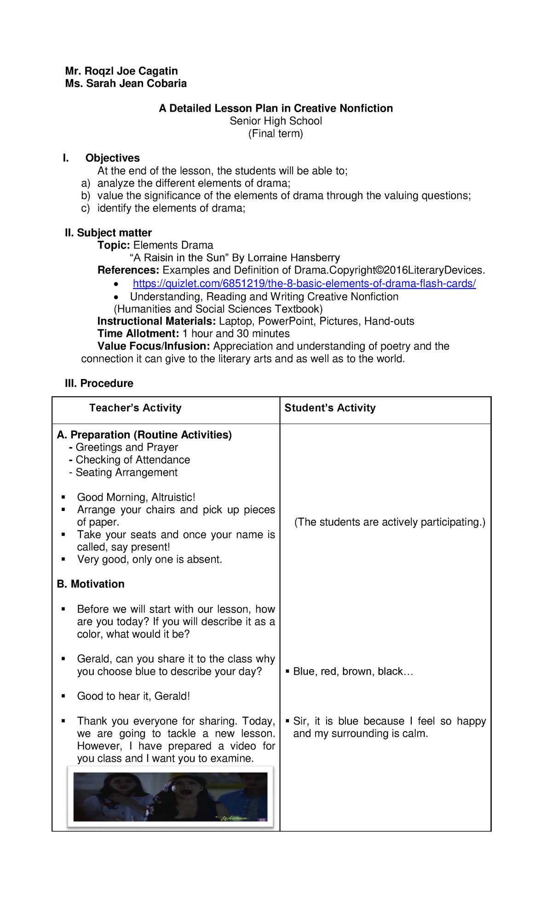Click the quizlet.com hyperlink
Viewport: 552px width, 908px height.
click(304, 284)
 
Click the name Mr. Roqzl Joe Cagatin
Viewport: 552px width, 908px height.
click(121, 71)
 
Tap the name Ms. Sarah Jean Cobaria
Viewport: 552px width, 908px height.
click(126, 83)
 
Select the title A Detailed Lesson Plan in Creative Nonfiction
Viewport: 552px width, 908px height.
click(276, 108)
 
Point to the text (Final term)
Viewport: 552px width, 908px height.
click(276, 133)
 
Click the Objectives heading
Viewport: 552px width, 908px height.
click(112, 158)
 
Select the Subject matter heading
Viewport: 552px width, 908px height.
click(108, 233)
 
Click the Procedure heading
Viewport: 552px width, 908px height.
click(99, 383)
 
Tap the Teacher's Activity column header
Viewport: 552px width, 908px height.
click(135, 408)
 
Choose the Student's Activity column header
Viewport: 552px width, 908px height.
click(330, 408)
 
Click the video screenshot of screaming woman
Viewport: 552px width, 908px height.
click(170, 797)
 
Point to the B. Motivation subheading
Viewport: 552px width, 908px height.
click(91, 584)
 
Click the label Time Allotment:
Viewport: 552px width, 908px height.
click(138, 334)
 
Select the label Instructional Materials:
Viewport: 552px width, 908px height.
click(156, 321)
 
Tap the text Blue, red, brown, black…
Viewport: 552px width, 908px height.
click(353, 671)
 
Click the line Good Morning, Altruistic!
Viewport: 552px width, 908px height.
click(136, 497)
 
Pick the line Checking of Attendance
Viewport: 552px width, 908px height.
click(132, 460)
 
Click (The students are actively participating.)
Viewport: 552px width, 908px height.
click(390, 522)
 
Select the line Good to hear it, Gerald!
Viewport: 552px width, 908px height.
click(133, 696)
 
